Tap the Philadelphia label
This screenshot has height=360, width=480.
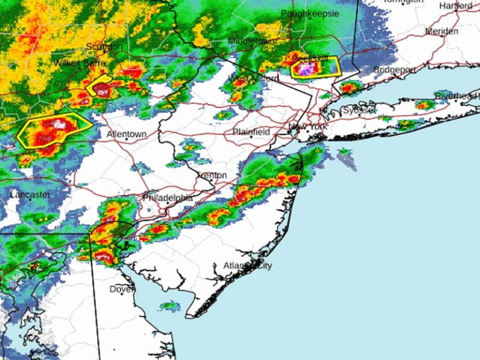[x=167, y=197]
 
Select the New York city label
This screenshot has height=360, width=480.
[x=307, y=127]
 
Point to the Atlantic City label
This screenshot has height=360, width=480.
[x=248, y=266]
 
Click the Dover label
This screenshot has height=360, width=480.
[x=122, y=289]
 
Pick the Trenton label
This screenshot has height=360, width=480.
[x=211, y=176]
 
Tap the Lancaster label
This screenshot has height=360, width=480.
[x=30, y=195]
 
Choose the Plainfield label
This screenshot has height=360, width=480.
[x=251, y=132]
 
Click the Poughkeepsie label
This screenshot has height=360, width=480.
[x=310, y=13]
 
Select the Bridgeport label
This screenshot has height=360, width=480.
[x=394, y=69]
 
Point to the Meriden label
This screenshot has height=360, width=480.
[x=442, y=31]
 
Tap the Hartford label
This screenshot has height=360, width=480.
[x=456, y=6]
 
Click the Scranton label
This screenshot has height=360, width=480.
[x=105, y=46]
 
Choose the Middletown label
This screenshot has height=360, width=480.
[x=251, y=39]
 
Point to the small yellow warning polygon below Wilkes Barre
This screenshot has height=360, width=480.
[x=99, y=86]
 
